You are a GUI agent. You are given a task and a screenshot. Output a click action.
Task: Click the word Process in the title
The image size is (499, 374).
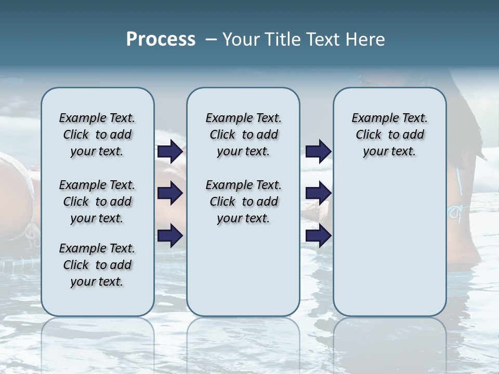(x=161, y=39)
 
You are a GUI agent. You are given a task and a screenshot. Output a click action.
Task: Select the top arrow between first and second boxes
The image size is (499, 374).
(x=170, y=152)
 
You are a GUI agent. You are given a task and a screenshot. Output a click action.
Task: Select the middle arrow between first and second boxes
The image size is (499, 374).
(x=170, y=193)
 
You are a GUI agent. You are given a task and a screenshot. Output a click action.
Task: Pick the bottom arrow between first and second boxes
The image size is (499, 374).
(x=170, y=236)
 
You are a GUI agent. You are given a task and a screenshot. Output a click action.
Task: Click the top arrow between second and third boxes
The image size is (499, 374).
(x=318, y=152)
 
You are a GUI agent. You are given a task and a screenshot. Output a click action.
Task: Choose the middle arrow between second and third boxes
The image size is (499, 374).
(x=318, y=193)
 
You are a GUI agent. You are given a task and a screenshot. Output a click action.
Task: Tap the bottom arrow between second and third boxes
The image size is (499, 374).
(x=318, y=236)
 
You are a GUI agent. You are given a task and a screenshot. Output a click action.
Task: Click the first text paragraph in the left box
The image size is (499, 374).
(x=97, y=135)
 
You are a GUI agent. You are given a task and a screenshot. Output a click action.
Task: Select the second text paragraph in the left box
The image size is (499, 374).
(x=97, y=202)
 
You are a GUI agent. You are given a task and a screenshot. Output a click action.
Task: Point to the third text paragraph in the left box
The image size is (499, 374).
(x=97, y=265)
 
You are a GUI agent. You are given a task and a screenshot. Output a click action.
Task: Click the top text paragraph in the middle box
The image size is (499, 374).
(x=243, y=135)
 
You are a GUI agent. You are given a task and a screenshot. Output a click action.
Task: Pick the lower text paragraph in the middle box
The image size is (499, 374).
(x=243, y=202)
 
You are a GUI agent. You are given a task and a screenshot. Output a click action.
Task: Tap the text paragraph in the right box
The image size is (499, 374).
(x=389, y=135)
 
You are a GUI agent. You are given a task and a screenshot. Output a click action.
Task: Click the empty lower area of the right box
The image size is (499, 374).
(x=389, y=249)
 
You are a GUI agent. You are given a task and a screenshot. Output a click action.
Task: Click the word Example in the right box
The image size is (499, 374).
(x=371, y=118)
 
